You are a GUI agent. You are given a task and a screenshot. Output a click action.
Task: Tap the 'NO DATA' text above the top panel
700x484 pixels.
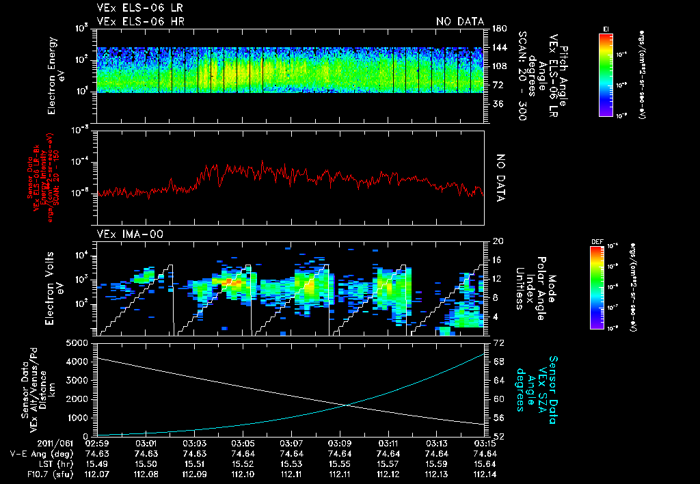(x=460, y=21)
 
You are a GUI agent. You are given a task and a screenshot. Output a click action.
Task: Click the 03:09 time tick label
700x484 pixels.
(x=340, y=443)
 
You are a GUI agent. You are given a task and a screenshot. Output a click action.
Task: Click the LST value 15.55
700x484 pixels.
(x=340, y=463)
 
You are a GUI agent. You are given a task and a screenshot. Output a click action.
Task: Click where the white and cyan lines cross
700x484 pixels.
(x=347, y=405)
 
